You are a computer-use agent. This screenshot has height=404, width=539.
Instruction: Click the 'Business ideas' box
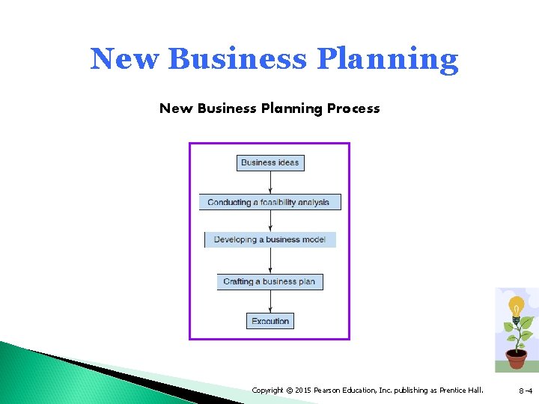click(270, 162)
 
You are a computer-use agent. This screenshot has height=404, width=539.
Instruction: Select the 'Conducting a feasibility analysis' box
click(269, 202)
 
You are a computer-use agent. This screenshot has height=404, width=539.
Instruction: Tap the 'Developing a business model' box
click(270, 239)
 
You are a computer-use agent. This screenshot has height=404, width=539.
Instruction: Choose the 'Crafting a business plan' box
click(270, 281)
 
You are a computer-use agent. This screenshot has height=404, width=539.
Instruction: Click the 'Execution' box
click(270, 321)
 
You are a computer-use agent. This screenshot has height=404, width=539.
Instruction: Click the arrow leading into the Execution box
click(270, 302)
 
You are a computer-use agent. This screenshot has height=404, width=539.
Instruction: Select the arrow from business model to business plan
click(270, 260)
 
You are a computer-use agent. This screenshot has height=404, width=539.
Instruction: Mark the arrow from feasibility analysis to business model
click(270, 221)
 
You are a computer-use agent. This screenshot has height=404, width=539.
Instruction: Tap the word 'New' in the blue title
click(125, 59)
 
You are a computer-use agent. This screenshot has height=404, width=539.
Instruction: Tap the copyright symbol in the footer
click(289, 390)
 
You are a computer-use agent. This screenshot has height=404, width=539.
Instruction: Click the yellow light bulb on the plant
click(516, 307)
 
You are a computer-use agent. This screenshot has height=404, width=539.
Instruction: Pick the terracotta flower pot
click(516, 358)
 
